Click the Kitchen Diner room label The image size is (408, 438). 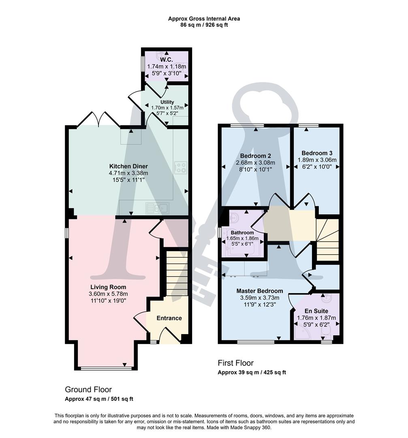pos(128,166)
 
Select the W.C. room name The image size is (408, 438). pos(166,60)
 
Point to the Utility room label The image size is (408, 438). pos(167,102)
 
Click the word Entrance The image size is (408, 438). pos(169,318)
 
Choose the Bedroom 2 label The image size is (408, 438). pos(255,156)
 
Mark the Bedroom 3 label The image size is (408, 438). pos(317,153)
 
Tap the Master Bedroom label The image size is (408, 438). pos(260,291)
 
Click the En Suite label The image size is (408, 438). pos(316,311)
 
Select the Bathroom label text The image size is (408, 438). pos(242,232)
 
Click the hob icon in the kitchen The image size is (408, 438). pos(180,168)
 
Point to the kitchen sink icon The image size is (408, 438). pos(158,208)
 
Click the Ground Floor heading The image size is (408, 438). pos(88,390)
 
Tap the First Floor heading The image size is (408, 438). pos(236,363)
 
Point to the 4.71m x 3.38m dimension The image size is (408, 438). pos(128,173)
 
